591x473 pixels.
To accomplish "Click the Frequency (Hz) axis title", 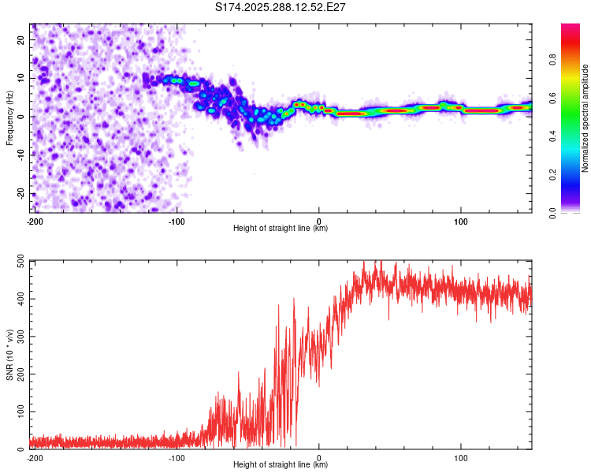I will point(9,118).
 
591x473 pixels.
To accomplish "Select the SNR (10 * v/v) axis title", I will point(9,354).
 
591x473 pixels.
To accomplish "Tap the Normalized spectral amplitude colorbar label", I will point(585,118).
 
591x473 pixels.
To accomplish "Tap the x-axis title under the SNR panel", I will point(281,465).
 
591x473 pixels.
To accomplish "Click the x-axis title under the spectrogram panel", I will point(281,229).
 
